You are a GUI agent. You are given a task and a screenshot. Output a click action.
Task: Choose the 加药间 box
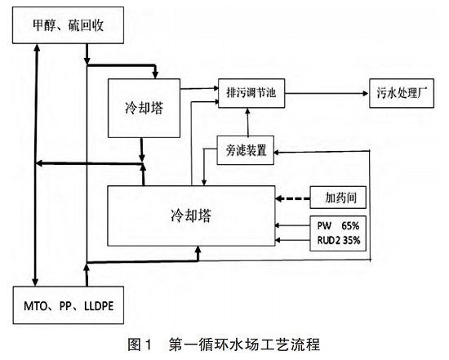(x=337, y=198)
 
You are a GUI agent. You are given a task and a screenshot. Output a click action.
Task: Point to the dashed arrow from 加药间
(x=291, y=198)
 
